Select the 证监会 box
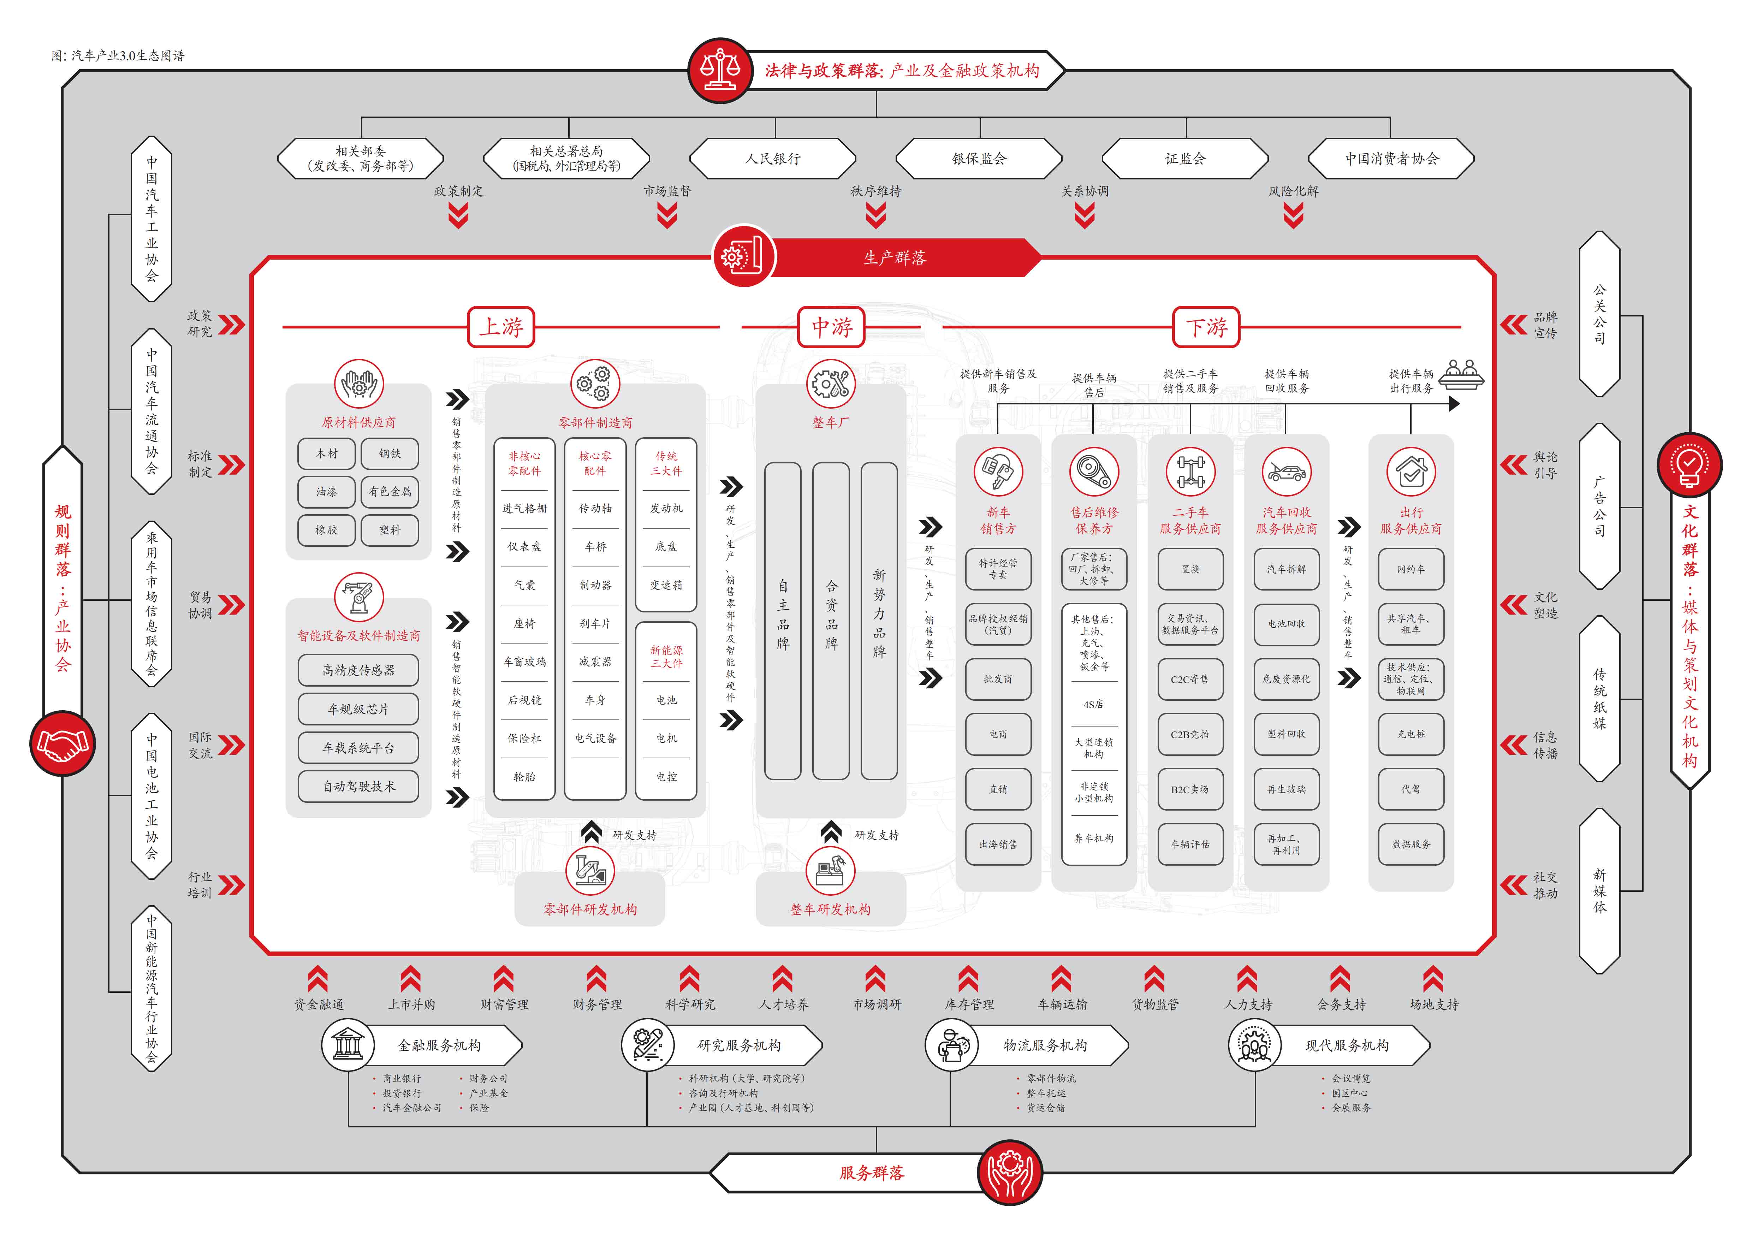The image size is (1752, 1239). pyautogui.click(x=1184, y=159)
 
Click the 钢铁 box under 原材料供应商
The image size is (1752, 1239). pyautogui.click(x=390, y=453)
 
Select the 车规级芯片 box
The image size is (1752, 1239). pyautogui.click(x=358, y=709)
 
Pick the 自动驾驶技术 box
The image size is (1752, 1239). pyautogui.click(x=358, y=786)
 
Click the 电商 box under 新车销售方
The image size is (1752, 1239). pyautogui.click(x=998, y=734)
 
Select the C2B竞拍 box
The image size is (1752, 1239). pyautogui.click(x=1190, y=734)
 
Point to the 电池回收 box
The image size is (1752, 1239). pyautogui.click(x=1286, y=623)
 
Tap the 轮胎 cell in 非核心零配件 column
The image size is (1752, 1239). pyautogui.click(x=524, y=777)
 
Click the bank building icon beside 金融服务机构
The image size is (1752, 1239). pyautogui.click(x=348, y=1044)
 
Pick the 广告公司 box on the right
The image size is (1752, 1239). pyautogui.click(x=1599, y=506)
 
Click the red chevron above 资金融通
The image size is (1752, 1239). pyautogui.click(x=317, y=979)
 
